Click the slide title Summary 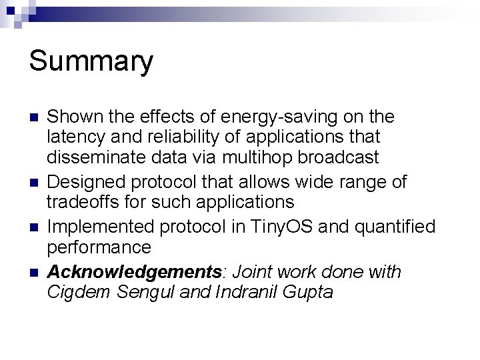91,62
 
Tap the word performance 99,247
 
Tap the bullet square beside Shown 33,118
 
